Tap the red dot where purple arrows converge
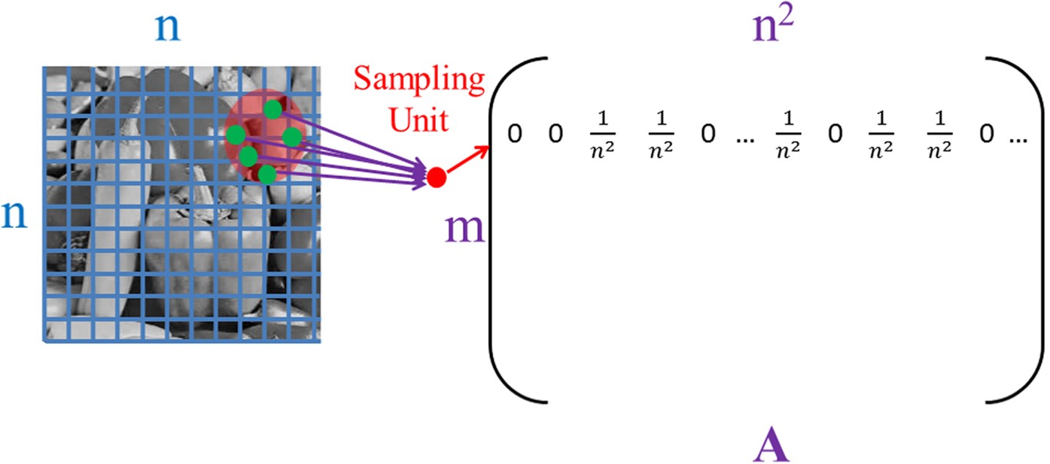tap(437, 178)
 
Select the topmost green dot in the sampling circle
tap(273, 110)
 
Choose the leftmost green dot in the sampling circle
tap(236, 135)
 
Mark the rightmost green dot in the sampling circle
tap(292, 136)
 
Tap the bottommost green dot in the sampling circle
tap(266, 174)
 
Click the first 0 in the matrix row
tap(515, 135)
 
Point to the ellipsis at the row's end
tap(1017, 137)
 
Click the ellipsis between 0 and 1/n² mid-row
tap(744, 138)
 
